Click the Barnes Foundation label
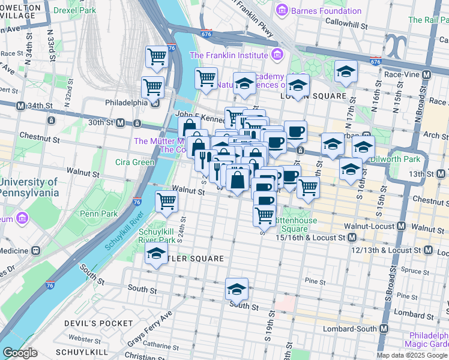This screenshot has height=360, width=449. tap(326, 11)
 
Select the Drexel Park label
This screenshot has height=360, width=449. tap(74, 11)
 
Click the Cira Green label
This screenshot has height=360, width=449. tap(136, 162)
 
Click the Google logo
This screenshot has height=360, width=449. tap(20, 353)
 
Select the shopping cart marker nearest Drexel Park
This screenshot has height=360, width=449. tap(157, 58)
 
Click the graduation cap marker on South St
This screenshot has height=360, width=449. tap(237, 289)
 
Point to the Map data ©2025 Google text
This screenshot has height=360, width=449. tap(412, 355)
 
